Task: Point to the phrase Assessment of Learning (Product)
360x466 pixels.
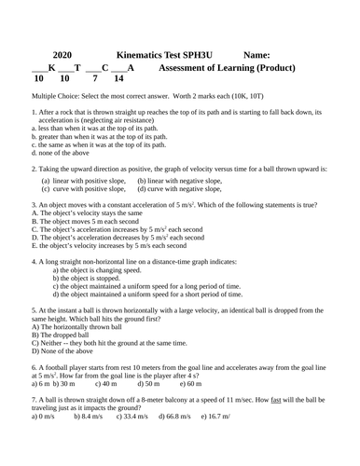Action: click(x=228, y=68)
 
